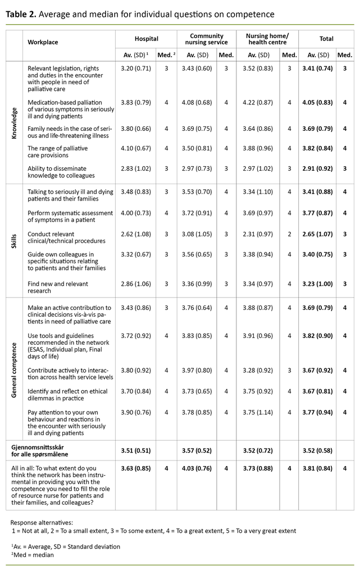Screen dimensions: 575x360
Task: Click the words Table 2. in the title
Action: click(x=21, y=13)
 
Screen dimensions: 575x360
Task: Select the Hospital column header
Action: click(x=146, y=39)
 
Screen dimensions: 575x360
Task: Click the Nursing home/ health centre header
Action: click(x=267, y=39)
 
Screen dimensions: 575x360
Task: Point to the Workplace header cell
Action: click(x=43, y=42)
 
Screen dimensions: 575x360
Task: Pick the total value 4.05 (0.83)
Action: click(x=317, y=102)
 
